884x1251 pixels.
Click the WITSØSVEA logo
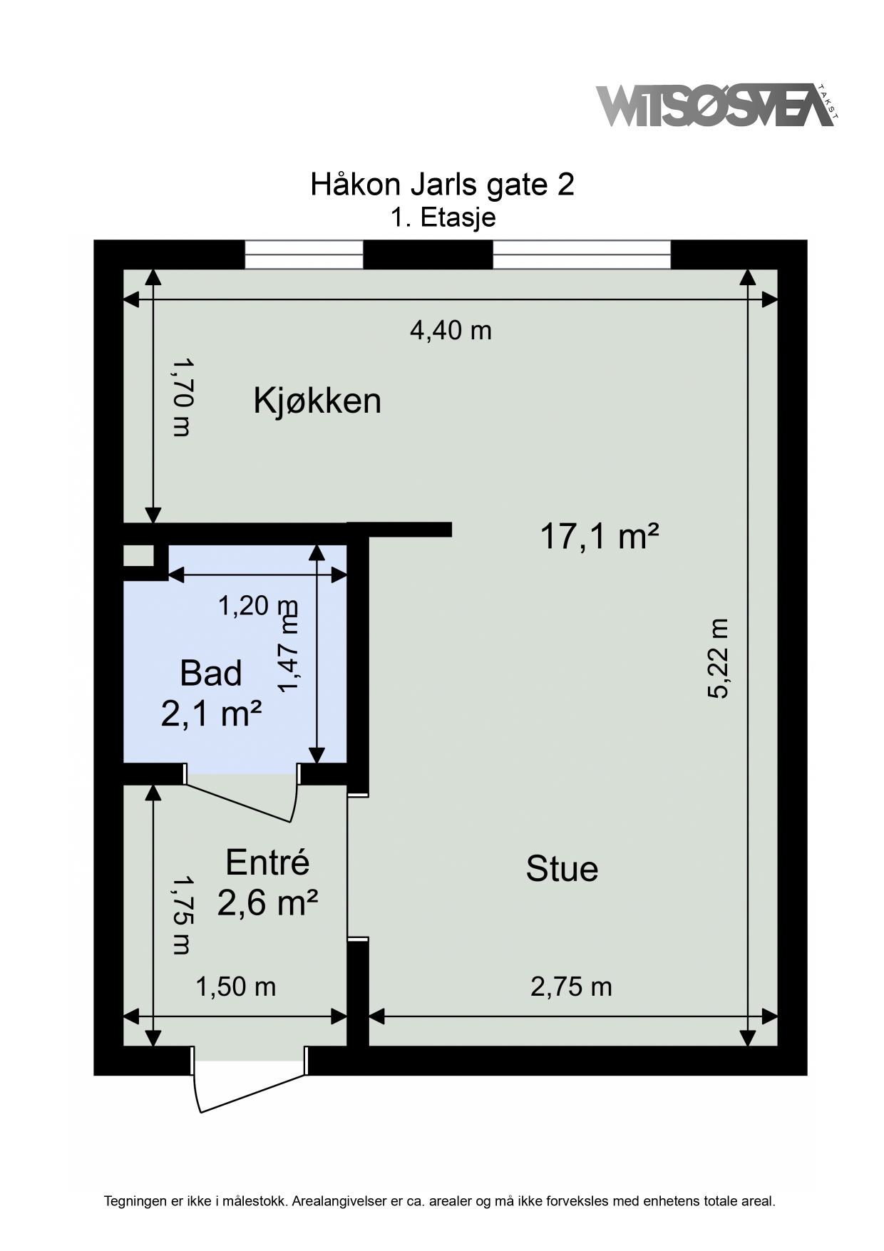click(x=716, y=105)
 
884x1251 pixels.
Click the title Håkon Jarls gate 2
click(x=442, y=185)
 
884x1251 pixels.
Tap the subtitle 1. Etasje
click(x=443, y=217)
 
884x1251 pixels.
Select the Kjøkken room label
click(x=317, y=401)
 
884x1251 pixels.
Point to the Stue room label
click(x=562, y=869)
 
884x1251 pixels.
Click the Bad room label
click(x=211, y=673)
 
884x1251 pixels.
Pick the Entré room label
click(x=267, y=863)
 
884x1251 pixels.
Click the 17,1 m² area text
click(x=599, y=535)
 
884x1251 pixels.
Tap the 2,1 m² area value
click(x=211, y=713)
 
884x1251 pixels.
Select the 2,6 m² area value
click(x=267, y=903)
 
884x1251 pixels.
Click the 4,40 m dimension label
click(x=451, y=330)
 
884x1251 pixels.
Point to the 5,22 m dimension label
click(x=719, y=658)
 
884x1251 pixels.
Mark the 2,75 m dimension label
click(x=571, y=987)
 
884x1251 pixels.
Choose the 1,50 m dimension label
click(x=235, y=987)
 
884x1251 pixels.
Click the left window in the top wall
click(x=304, y=254)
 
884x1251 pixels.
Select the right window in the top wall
click(x=582, y=254)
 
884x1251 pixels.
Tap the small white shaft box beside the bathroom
click(x=138, y=556)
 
